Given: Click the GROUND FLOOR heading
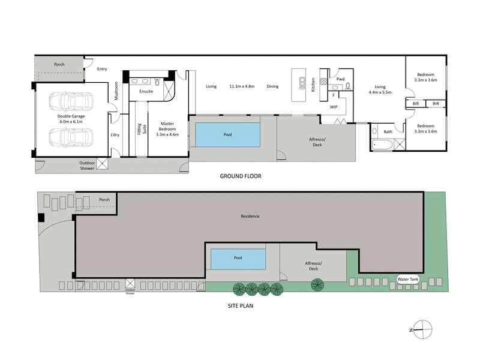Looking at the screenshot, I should click(x=240, y=176).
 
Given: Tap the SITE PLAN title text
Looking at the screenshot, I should click(x=240, y=305).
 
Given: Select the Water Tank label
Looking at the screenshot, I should click(x=410, y=279).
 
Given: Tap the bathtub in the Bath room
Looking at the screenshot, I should click(x=383, y=144).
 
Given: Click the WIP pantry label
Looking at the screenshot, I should click(x=334, y=106).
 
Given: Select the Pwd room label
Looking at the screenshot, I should click(x=340, y=79).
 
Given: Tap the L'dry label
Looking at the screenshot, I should click(x=115, y=135).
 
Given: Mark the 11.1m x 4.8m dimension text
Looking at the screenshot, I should click(x=242, y=86).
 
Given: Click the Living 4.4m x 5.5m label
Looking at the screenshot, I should click(x=379, y=89).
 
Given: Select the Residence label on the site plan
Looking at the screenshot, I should click(x=250, y=216).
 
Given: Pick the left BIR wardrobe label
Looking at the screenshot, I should click(x=415, y=104).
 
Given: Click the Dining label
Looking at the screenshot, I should click(x=272, y=86).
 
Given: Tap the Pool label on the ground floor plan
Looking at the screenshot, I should click(x=227, y=135).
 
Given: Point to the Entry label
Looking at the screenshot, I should click(x=102, y=69).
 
